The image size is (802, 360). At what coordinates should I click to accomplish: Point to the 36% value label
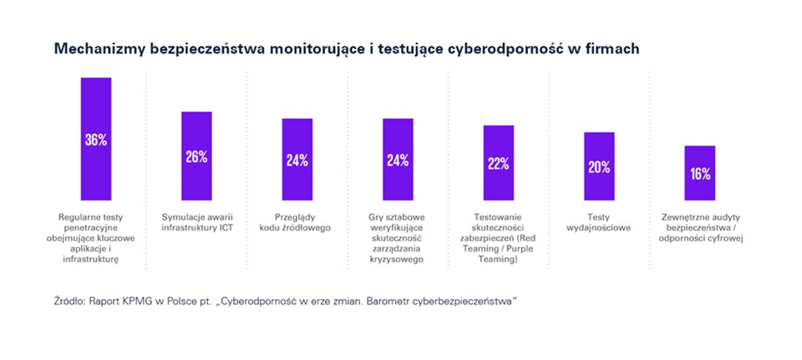point(96,139)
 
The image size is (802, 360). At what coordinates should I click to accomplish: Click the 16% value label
point(700,174)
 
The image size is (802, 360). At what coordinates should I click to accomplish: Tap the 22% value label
point(499,164)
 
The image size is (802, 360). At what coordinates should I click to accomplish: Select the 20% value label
point(599,167)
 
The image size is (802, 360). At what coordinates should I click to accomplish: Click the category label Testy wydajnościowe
point(599,222)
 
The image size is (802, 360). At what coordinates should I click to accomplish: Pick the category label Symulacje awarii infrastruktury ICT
point(196,222)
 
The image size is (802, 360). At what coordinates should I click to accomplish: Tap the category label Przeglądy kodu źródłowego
point(297,222)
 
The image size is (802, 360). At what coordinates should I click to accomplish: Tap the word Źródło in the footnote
point(69,299)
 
